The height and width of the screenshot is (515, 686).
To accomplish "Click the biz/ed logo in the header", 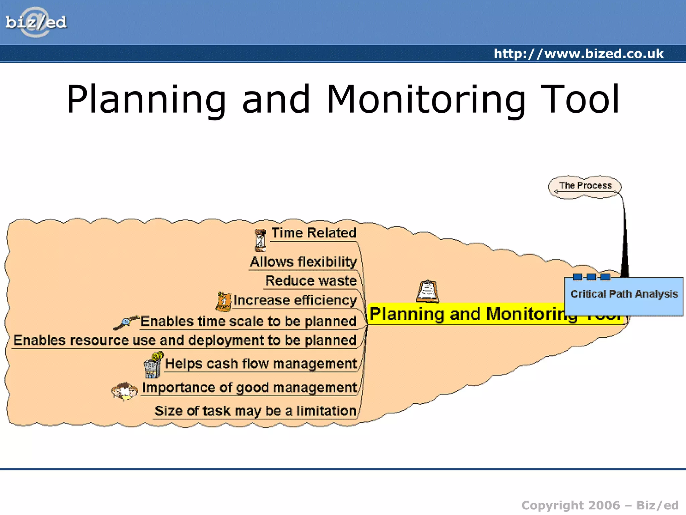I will click(x=36, y=22).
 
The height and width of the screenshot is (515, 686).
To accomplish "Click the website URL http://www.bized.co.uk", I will click(x=578, y=54).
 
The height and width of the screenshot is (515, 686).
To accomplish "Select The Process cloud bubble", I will click(x=585, y=186).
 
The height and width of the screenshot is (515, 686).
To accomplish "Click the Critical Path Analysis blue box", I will click(x=624, y=294).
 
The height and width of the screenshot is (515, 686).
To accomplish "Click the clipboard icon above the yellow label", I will click(x=427, y=291).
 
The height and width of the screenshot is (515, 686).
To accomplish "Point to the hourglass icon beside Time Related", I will click(x=260, y=240).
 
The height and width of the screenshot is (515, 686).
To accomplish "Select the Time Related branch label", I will click(x=314, y=233).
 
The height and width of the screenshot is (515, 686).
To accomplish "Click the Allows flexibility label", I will click(x=303, y=262).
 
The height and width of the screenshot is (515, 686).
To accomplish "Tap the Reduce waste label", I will click(x=311, y=281).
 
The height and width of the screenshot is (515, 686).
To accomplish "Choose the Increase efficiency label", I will click(x=295, y=300).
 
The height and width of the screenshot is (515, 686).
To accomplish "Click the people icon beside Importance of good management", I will click(x=125, y=391).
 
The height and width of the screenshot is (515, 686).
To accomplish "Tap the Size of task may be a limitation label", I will click(x=255, y=411).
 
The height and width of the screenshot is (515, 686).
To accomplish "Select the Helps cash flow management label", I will click(x=261, y=364).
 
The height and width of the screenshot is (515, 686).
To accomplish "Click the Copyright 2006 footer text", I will click(x=600, y=505).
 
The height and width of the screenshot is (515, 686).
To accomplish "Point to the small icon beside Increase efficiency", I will click(x=223, y=301).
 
